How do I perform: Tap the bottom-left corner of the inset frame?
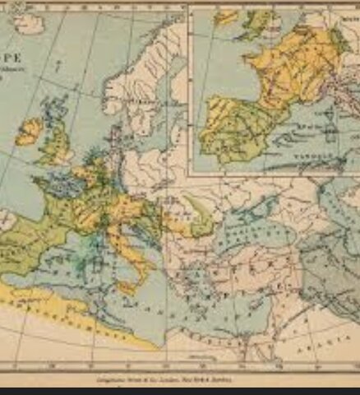point(190,174)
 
